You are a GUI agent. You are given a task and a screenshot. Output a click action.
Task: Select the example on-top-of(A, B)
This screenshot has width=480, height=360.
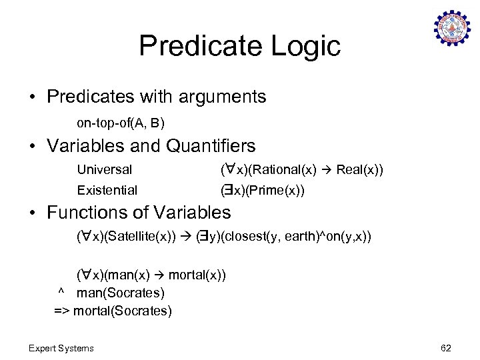pyautogui.click(x=121, y=123)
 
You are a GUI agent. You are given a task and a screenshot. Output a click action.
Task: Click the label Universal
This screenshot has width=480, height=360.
pyautogui.click(x=105, y=169)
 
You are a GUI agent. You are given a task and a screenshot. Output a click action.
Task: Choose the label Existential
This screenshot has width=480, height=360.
pyautogui.click(x=107, y=190)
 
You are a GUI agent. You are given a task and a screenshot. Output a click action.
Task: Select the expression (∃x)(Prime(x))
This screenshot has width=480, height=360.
pyautogui.click(x=263, y=190)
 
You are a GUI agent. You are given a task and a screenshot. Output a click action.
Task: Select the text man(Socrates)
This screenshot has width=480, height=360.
pyautogui.click(x=121, y=293)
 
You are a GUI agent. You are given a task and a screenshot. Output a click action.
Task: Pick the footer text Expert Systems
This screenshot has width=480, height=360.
pyautogui.click(x=61, y=347)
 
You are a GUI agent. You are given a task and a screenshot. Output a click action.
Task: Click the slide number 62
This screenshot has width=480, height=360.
pyautogui.click(x=446, y=347)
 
